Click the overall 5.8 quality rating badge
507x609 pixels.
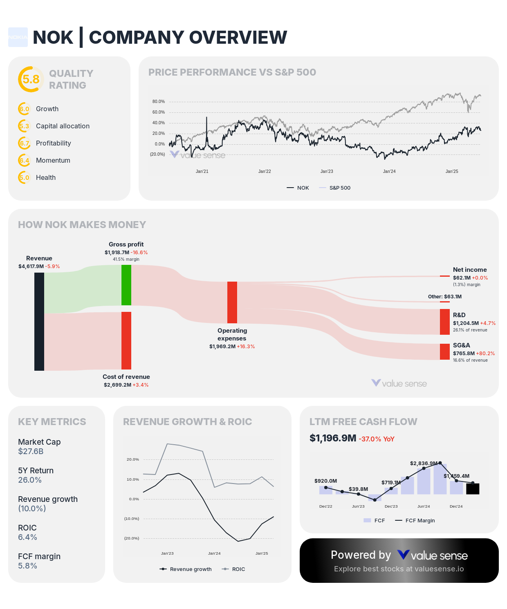coord(31,79)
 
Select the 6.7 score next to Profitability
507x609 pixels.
coord(25,143)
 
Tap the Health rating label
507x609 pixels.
coord(46,177)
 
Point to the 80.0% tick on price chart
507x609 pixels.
coord(159,101)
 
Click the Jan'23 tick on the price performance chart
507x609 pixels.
coord(327,171)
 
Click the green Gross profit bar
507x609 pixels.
coord(126,285)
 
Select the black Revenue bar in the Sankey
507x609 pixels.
coord(39,322)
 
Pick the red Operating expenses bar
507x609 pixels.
coord(232,302)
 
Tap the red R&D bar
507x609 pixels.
coord(445,322)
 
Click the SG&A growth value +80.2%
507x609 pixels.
coord(485,354)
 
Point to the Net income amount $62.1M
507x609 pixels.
coord(462,278)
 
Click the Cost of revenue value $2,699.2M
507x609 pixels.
coord(117,385)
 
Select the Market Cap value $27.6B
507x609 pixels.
coord(31,452)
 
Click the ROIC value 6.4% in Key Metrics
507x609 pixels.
coord(27,537)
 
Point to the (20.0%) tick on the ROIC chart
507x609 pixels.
coord(132,538)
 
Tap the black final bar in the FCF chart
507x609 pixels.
coord(473,489)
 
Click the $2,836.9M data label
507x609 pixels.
coord(424,463)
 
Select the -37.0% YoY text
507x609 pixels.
coord(377,439)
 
